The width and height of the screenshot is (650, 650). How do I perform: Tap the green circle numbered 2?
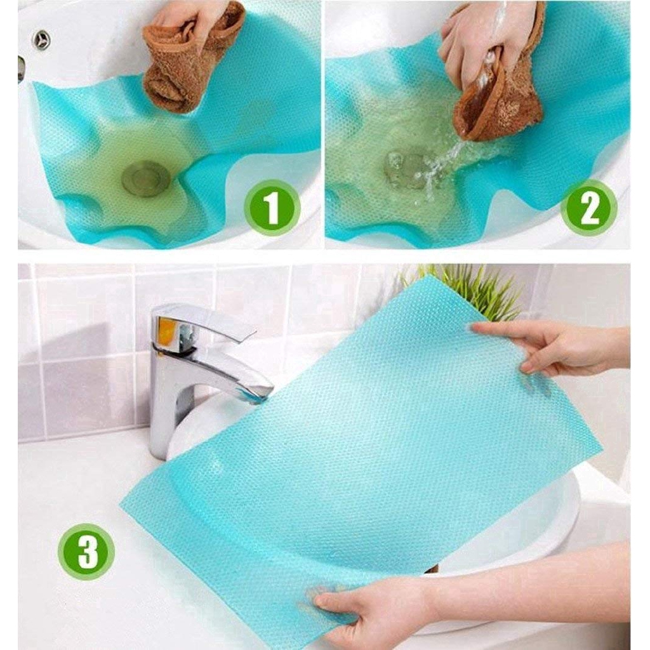click(590, 208)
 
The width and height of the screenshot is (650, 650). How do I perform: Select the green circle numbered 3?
click(86, 550)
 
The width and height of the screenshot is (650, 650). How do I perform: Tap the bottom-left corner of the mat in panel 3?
click(120, 507)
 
